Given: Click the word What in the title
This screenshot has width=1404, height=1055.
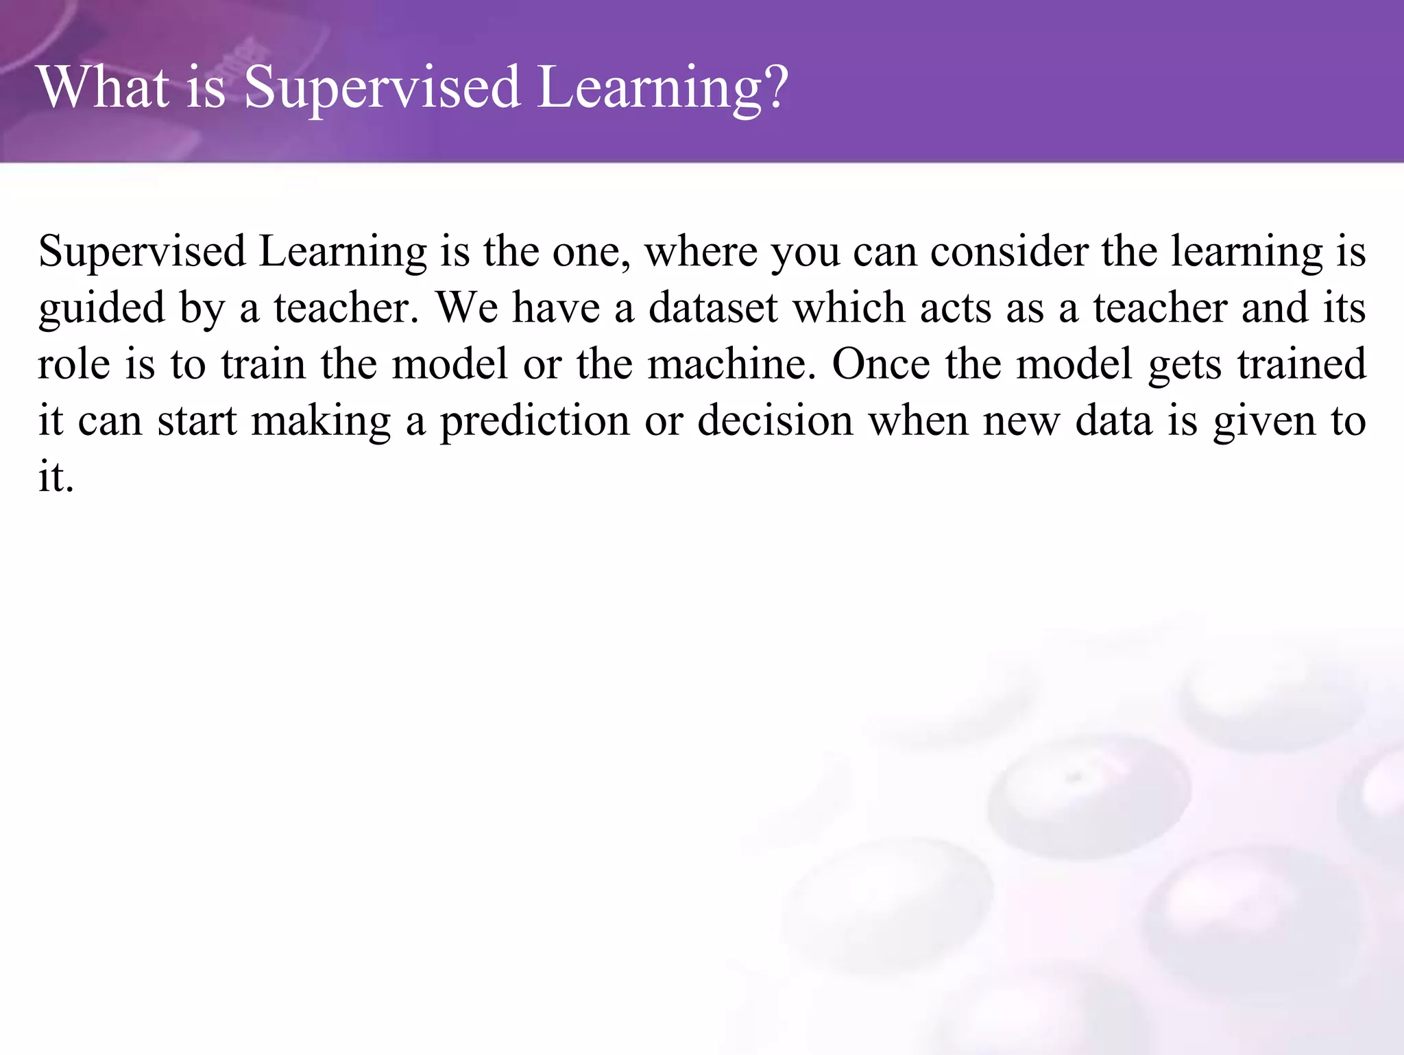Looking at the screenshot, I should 104,87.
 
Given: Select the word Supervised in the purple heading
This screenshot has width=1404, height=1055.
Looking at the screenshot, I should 382,88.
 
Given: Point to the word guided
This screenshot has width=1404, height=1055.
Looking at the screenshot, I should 101,309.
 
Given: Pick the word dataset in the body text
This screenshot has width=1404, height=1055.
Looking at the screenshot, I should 712,308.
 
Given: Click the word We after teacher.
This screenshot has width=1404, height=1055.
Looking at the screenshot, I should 467,308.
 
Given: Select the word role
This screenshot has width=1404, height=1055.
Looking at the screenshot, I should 73,364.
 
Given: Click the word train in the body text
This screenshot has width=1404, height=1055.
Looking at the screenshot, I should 263,364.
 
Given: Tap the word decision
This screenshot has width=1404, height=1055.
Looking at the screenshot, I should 775,420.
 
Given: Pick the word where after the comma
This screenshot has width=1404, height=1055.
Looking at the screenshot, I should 701,252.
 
